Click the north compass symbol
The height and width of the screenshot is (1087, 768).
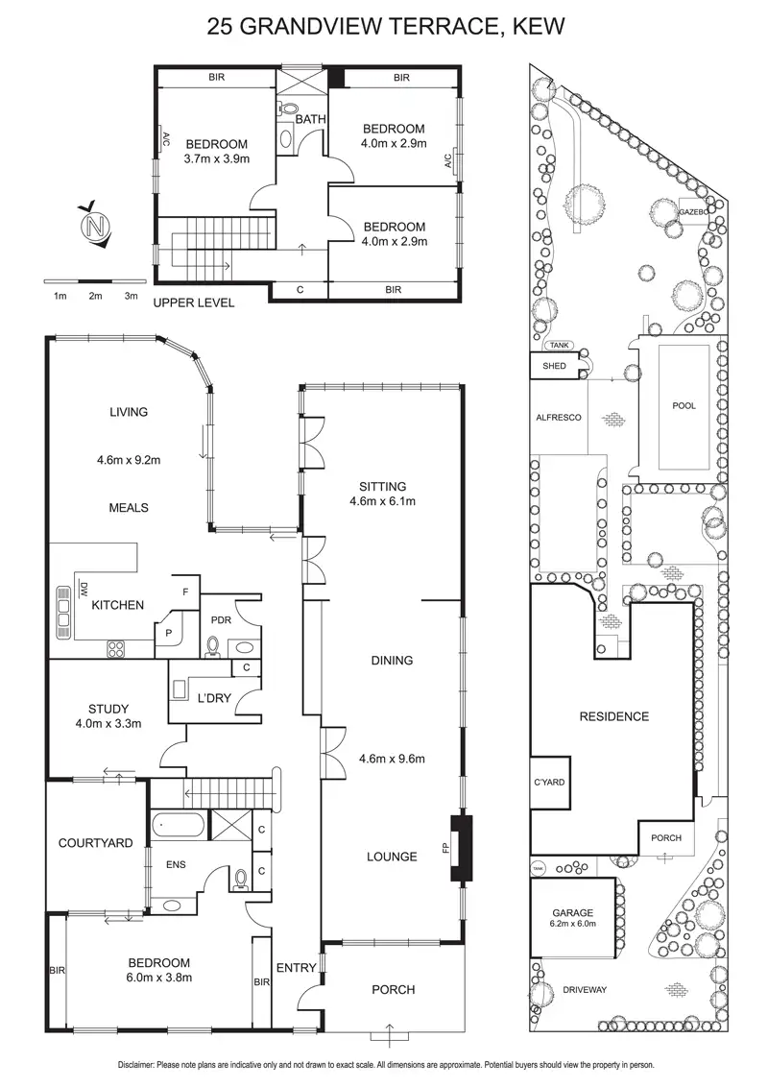point(94,228)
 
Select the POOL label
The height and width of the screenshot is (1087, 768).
point(684,406)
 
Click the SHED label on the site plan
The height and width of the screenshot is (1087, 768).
point(554,366)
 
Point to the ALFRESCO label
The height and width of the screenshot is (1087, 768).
point(559,418)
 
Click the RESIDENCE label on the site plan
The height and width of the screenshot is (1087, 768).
point(613,716)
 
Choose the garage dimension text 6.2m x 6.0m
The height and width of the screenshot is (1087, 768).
point(572,924)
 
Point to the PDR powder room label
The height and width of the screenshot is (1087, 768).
point(222,621)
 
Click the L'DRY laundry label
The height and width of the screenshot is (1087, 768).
point(212,698)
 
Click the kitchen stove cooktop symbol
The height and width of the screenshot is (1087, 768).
point(117,648)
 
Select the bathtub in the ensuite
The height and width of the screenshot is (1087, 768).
point(176,824)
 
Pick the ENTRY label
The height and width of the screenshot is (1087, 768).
point(296,968)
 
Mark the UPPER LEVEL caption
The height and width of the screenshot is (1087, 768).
point(194,302)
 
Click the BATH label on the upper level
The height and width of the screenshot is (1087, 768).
point(310,119)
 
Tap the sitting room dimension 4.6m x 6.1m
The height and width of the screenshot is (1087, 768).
point(383,500)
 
